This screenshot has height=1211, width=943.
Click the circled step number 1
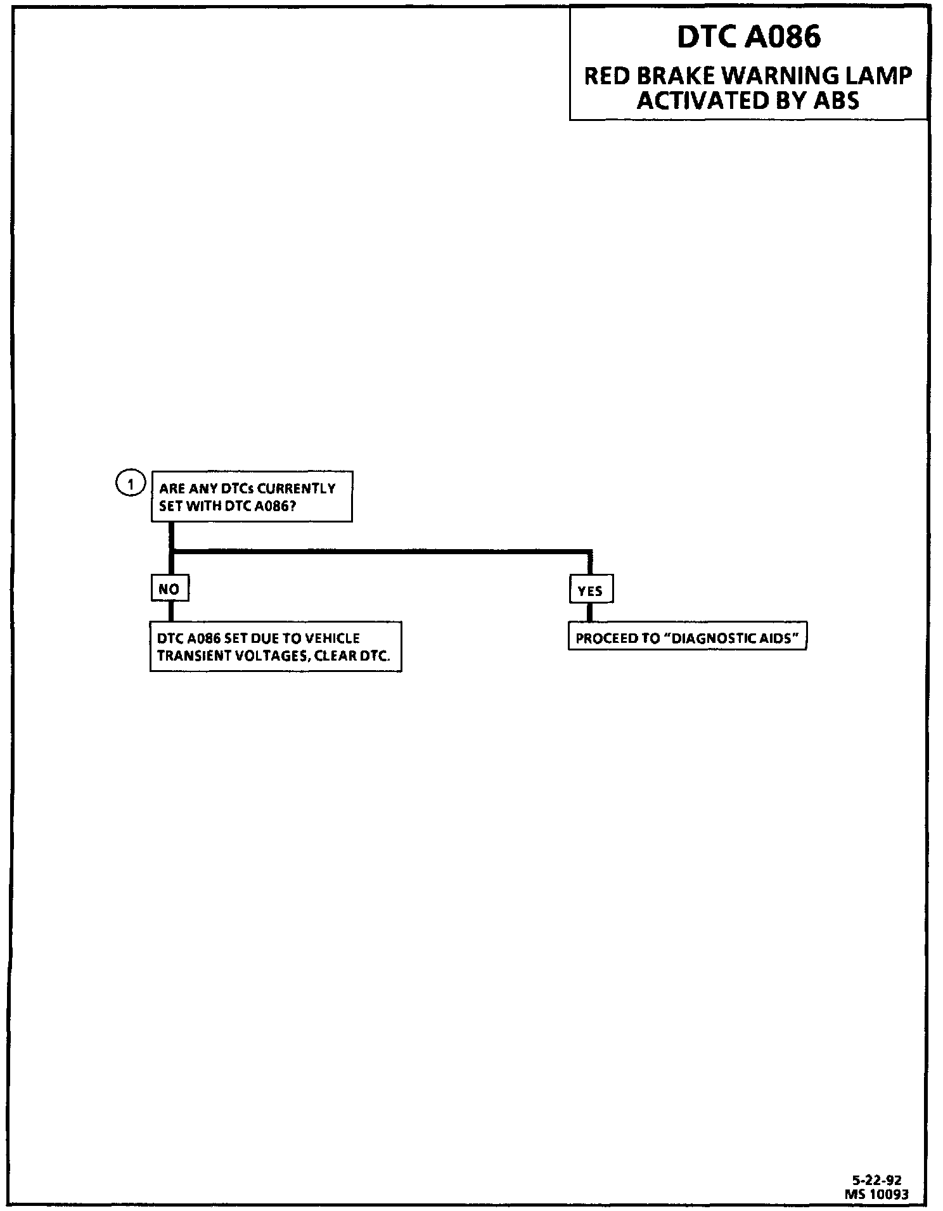[x=131, y=485]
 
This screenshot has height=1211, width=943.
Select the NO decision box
[x=169, y=589]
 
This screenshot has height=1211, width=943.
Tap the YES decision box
[x=590, y=591]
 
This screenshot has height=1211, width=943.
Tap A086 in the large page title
[x=783, y=37]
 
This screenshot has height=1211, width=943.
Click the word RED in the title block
[x=606, y=76]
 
